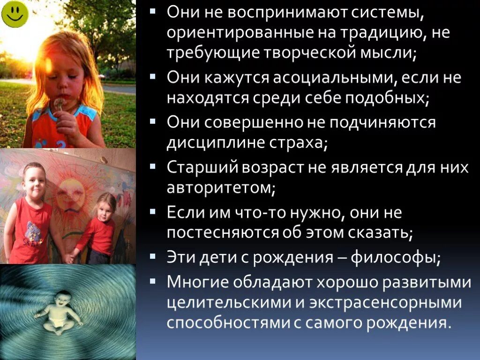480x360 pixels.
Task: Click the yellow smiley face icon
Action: (15, 14)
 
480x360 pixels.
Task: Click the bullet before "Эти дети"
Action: (154, 256)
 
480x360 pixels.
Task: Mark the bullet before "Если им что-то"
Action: (154, 211)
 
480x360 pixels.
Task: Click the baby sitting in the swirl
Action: (59, 312)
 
